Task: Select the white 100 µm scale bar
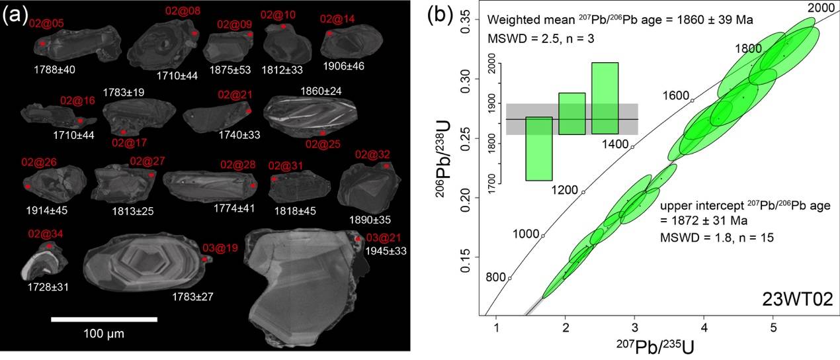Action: click(104, 320)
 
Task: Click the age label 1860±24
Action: click(321, 90)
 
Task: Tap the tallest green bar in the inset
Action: click(605, 98)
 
